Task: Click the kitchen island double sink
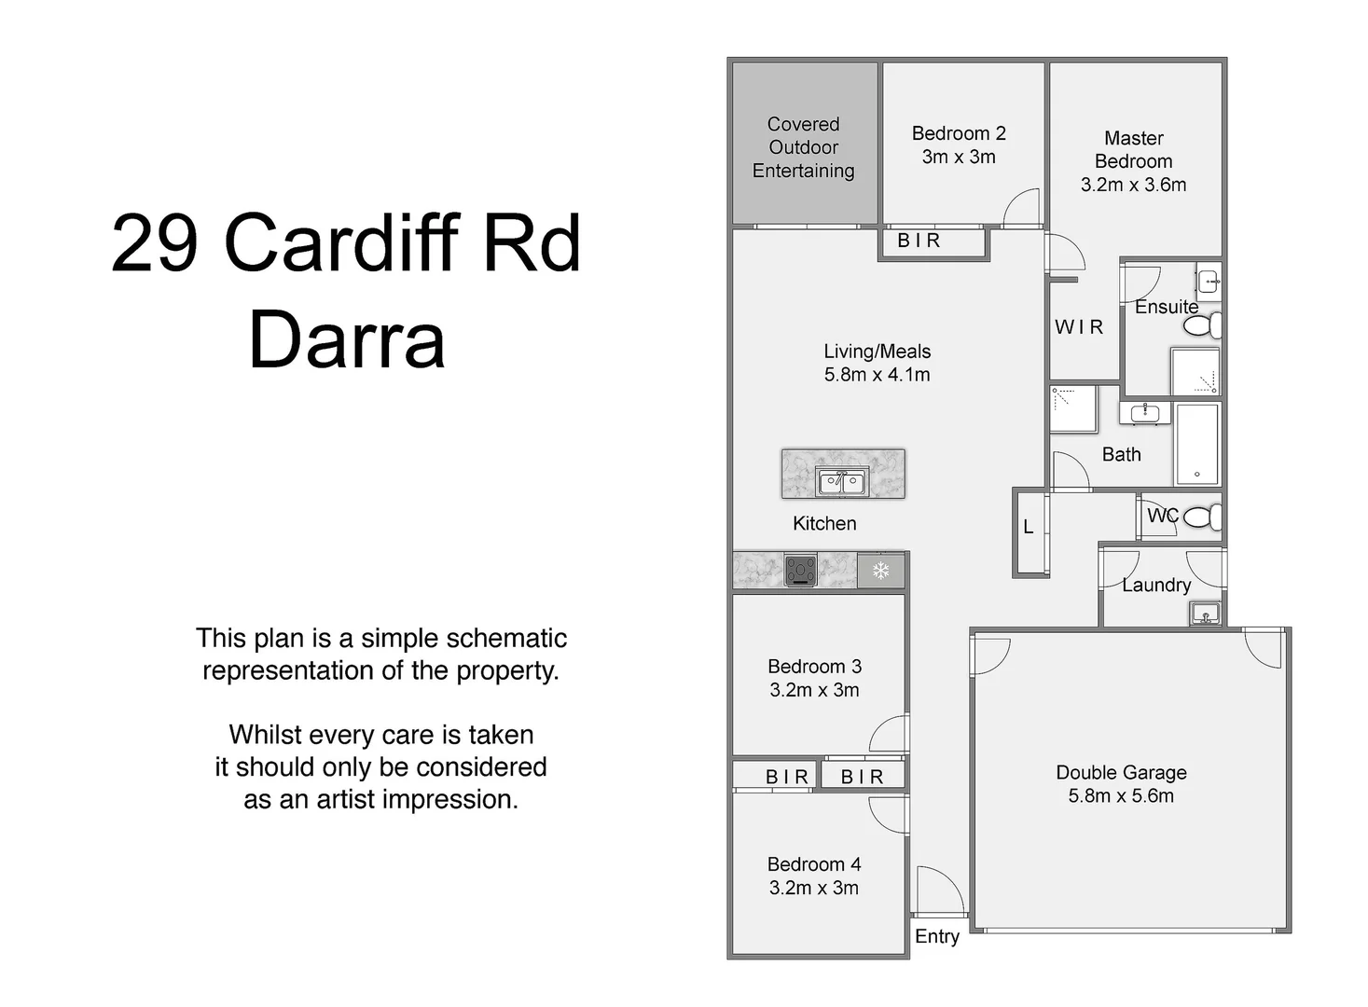click(842, 482)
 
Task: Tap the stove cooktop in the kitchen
click(800, 570)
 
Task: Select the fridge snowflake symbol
click(880, 571)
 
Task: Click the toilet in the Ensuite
click(1203, 325)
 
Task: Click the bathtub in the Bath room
click(1197, 444)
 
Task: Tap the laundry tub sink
click(1205, 614)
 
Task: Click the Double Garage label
click(1121, 772)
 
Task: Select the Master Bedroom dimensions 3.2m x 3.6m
click(1133, 185)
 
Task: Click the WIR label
click(1079, 326)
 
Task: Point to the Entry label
click(936, 936)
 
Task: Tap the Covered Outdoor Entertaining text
click(803, 147)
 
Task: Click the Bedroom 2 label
click(959, 133)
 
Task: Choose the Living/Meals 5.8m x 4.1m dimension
click(877, 375)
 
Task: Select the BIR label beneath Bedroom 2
click(919, 241)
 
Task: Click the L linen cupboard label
click(1029, 527)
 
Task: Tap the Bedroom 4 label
click(814, 864)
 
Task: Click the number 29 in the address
click(155, 242)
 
